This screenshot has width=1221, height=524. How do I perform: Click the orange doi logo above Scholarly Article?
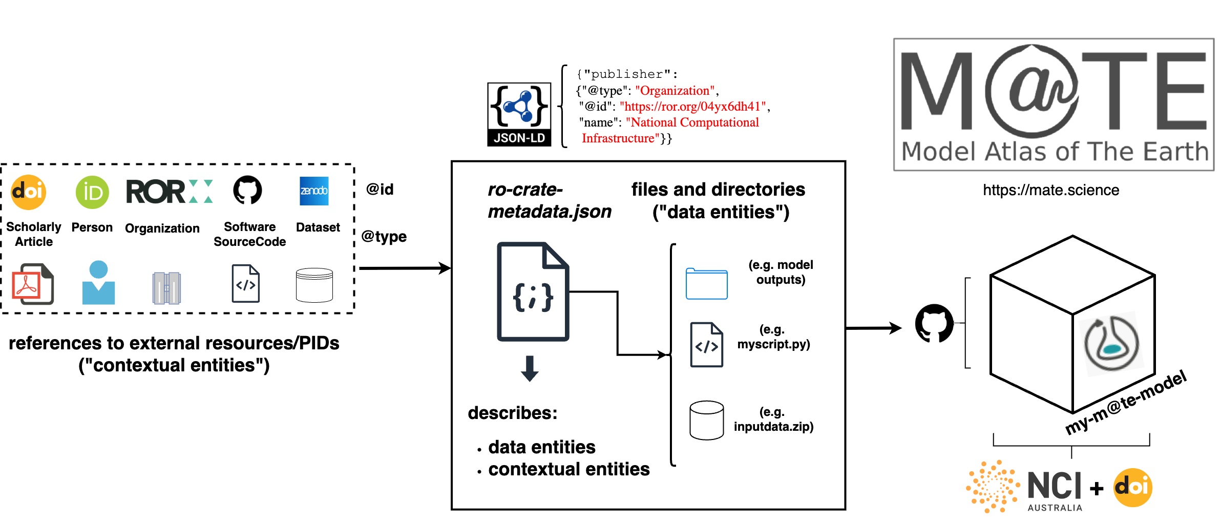(x=29, y=192)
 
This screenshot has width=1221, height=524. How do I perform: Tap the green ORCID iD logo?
(x=92, y=192)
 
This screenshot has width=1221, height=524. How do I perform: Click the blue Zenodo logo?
(x=314, y=191)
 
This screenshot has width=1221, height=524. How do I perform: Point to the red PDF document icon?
(x=32, y=284)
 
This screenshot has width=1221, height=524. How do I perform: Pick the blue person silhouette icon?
(x=98, y=283)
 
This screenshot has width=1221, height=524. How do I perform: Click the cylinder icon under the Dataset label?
(x=314, y=285)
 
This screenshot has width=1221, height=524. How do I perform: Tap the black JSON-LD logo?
(x=519, y=115)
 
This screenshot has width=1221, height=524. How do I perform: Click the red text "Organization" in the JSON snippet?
(x=675, y=91)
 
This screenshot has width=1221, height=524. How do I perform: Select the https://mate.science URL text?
(x=1050, y=190)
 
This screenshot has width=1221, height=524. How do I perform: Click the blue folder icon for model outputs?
(x=706, y=284)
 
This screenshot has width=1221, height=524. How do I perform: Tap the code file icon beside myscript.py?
(x=706, y=345)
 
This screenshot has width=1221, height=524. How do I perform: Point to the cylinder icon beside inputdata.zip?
(x=706, y=421)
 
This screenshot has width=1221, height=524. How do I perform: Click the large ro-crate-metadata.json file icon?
(x=533, y=291)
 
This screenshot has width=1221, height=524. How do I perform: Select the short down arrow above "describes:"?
(x=530, y=368)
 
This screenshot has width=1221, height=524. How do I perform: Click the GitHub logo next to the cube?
(x=934, y=323)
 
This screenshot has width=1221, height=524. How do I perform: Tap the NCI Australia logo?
(x=1024, y=487)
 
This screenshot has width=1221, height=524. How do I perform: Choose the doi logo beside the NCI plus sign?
(x=1133, y=487)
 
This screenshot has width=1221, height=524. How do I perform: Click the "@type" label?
(x=384, y=237)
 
